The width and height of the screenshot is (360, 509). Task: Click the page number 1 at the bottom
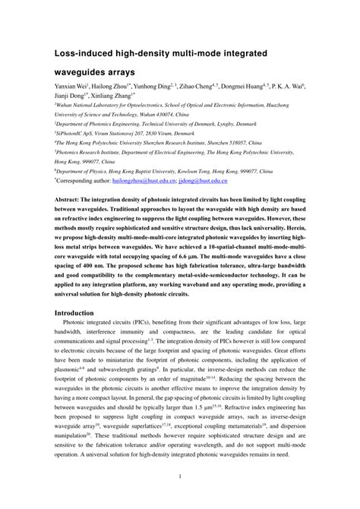179,477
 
